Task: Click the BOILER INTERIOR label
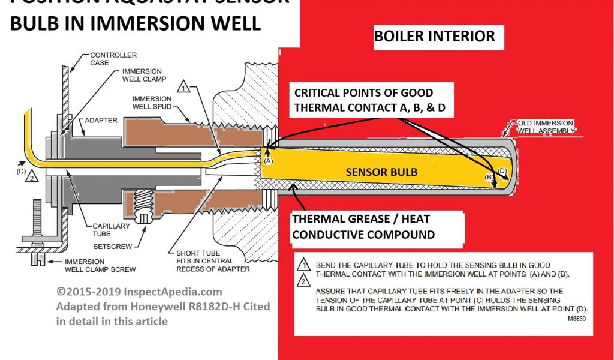pyautogui.click(x=435, y=36)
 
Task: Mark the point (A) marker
pyautogui.click(x=268, y=160)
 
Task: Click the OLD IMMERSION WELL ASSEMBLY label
pyautogui.click(x=543, y=127)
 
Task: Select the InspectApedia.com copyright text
pyautogui.click(x=139, y=292)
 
